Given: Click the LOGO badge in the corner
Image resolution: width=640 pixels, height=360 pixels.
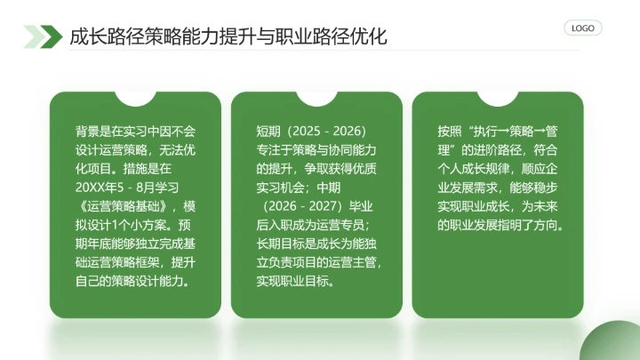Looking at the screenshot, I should pyautogui.click(x=583, y=28).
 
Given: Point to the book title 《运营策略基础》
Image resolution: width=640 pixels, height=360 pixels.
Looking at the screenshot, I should pyautogui.click(x=128, y=206).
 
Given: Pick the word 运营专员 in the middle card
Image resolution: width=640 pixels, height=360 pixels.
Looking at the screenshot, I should pyautogui.click(x=348, y=225).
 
